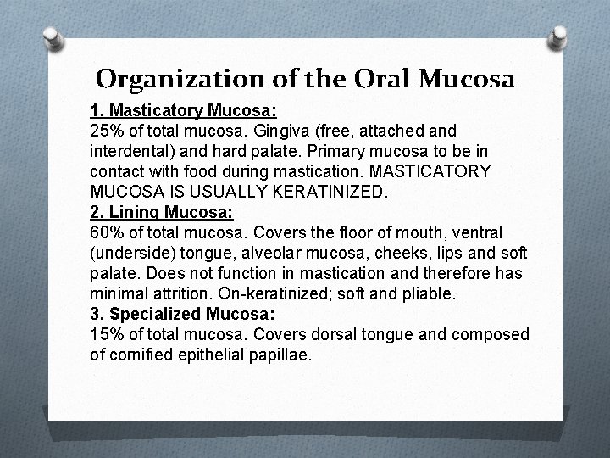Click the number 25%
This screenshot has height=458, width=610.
(106, 131)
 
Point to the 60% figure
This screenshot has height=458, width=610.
(106, 232)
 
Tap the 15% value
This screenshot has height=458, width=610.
(106, 334)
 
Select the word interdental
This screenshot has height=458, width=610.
(127, 152)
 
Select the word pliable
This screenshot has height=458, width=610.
(428, 293)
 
